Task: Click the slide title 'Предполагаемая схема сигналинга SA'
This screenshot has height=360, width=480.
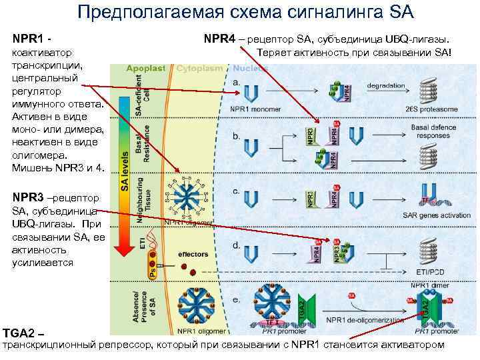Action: (x=245, y=12)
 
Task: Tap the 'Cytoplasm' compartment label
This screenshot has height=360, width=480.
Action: (x=198, y=68)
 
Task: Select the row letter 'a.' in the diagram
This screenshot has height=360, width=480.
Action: (x=237, y=81)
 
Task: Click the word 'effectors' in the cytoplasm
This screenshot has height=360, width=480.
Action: (x=193, y=254)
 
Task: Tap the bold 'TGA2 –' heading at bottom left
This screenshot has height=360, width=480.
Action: (x=23, y=332)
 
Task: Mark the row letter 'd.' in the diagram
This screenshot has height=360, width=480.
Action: (x=237, y=245)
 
